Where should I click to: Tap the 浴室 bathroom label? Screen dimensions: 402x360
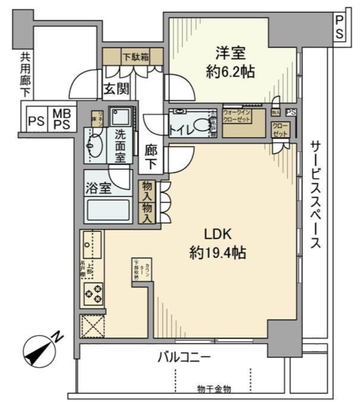tap(98, 189)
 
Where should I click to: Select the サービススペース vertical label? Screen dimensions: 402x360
tap(315, 195)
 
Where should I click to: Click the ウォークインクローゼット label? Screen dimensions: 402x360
tap(237, 116)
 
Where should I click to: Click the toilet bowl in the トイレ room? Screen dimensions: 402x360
tap(202, 125)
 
